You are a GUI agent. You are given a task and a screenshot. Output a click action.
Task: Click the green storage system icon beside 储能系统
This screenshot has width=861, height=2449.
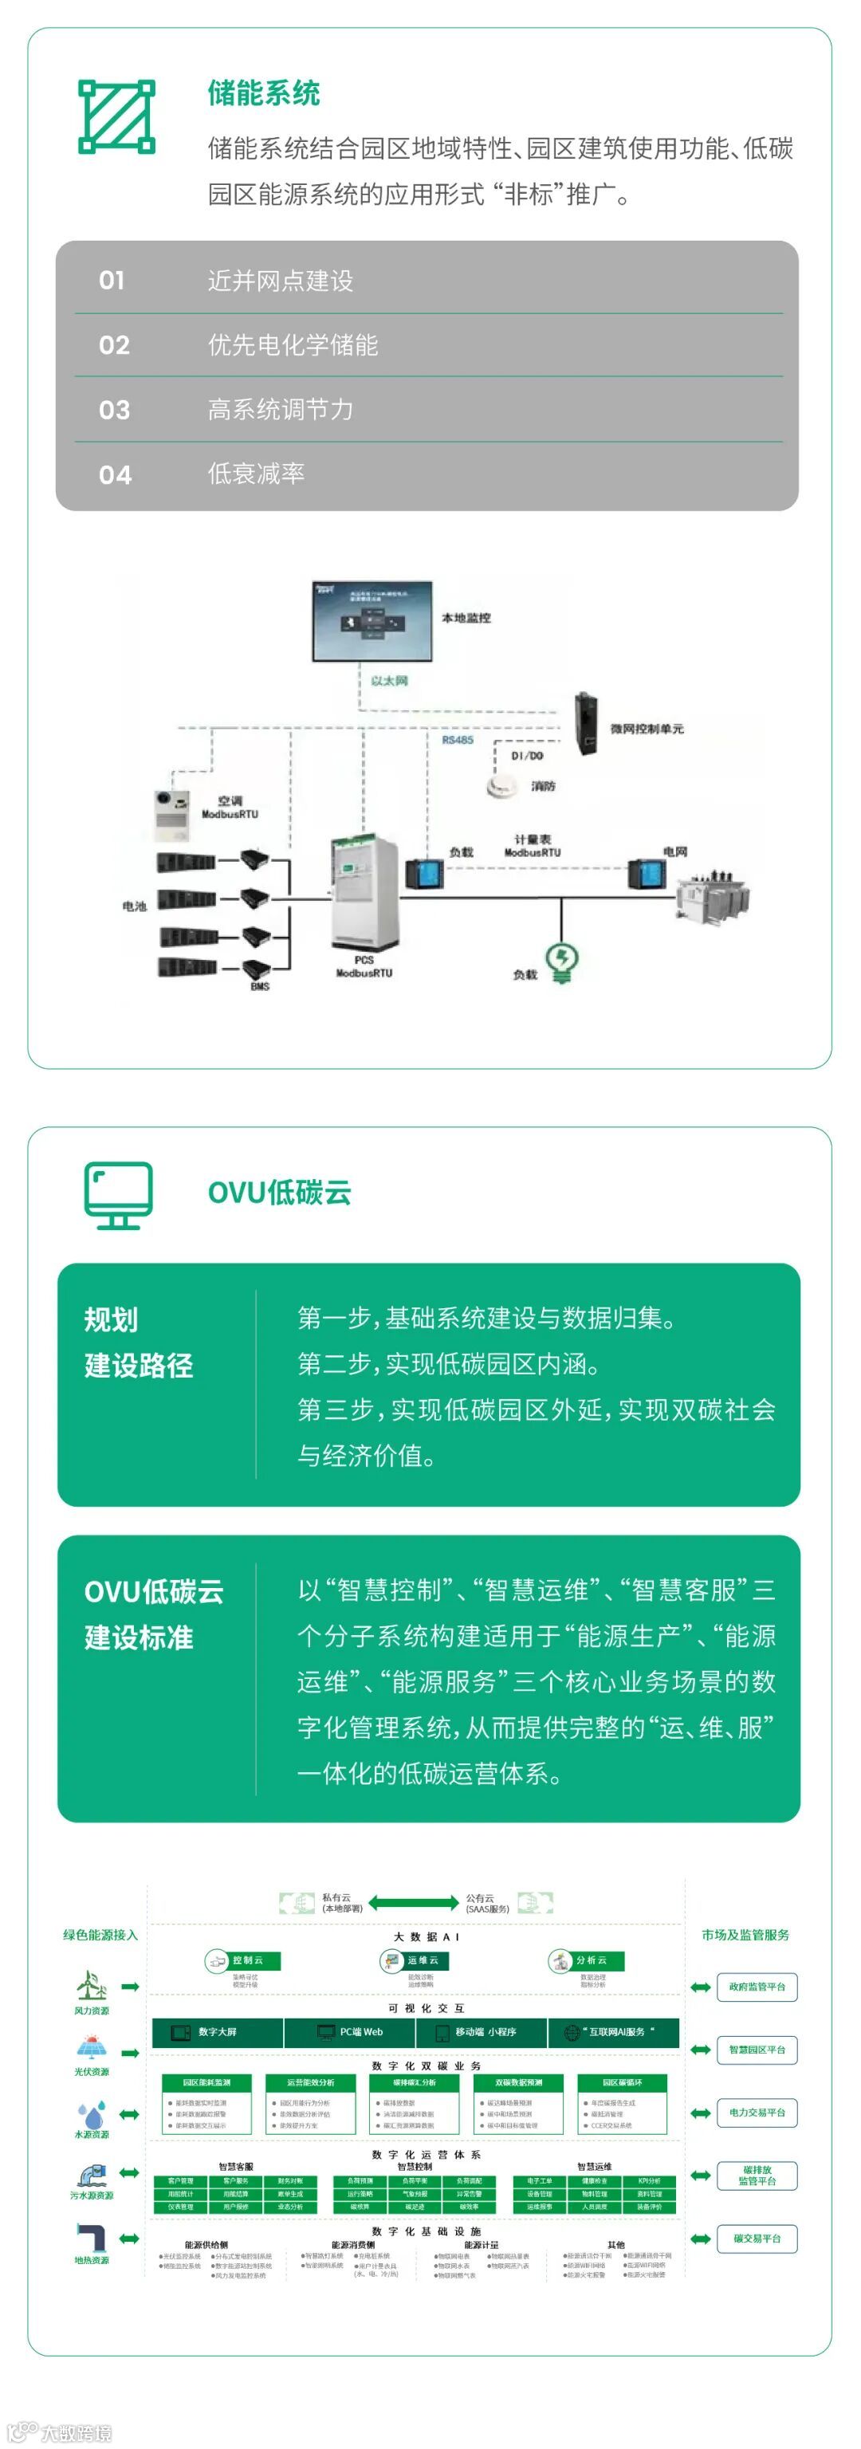(x=116, y=116)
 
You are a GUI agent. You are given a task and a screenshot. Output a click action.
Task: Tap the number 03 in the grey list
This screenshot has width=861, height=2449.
(x=114, y=410)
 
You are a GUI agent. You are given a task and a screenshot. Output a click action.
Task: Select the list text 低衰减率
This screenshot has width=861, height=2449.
(x=256, y=474)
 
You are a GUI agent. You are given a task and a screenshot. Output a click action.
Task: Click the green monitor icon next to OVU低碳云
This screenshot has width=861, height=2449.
(x=118, y=1194)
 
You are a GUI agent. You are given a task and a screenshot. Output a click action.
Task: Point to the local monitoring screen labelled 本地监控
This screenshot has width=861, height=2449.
(x=372, y=621)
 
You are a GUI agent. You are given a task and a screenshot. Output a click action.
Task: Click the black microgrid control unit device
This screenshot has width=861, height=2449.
(x=584, y=725)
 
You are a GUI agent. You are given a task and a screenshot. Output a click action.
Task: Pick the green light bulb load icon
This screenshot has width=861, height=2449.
(x=562, y=963)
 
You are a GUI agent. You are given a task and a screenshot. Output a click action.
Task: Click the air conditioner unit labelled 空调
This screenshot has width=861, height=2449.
(x=173, y=815)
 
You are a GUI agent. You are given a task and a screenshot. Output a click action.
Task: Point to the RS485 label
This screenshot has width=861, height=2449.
(x=457, y=740)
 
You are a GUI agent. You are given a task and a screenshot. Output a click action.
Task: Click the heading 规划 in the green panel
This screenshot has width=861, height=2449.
(x=111, y=1319)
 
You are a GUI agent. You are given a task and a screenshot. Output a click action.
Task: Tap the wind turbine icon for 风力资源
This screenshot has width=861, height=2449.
(x=91, y=1984)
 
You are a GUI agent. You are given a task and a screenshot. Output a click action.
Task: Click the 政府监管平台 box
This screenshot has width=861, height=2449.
(x=757, y=1987)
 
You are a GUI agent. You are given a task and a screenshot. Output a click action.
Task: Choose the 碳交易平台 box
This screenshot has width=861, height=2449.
(x=757, y=2239)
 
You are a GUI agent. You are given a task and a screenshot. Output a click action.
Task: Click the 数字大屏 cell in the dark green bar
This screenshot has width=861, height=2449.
(x=218, y=2031)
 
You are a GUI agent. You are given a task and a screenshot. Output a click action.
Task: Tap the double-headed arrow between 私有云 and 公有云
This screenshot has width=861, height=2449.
(x=414, y=1902)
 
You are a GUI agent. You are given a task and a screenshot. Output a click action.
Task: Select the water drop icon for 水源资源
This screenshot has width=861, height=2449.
(x=91, y=2113)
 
